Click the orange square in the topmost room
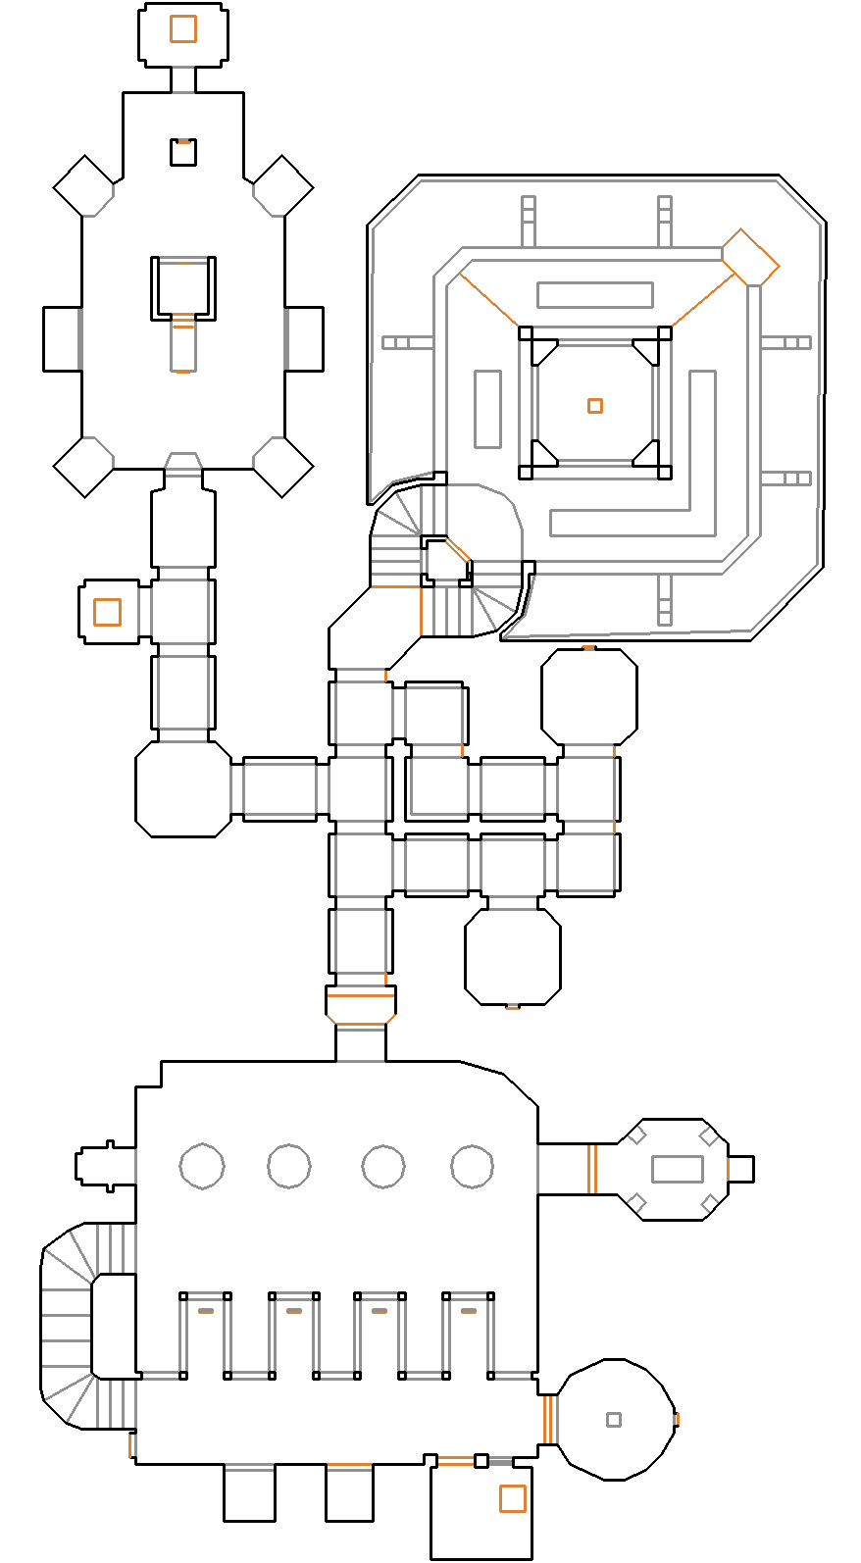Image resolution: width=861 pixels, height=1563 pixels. [182, 28]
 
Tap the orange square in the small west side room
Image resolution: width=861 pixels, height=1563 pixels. [107, 612]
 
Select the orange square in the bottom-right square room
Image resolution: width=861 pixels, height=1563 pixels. [512, 1498]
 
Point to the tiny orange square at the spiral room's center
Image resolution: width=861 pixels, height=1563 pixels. [594, 406]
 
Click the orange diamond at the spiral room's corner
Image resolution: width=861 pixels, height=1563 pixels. [750, 258]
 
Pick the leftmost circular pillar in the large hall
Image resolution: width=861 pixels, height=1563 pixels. [202, 1166]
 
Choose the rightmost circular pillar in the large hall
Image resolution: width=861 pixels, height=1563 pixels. [472, 1166]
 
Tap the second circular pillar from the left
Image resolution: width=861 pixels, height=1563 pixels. [288, 1166]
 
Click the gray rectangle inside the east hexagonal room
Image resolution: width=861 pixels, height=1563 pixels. [677, 1169]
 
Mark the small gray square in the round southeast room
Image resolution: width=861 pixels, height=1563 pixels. [614, 1419]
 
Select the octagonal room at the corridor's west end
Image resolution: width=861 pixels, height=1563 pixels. [182, 789]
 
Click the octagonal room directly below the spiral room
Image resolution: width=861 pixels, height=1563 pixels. [588, 696]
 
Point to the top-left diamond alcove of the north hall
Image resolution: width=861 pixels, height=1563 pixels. [83, 185]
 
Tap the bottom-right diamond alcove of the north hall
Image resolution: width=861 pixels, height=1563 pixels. [283, 467]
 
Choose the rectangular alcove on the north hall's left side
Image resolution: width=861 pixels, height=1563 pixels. [61, 339]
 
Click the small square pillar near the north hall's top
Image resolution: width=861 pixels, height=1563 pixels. [182, 152]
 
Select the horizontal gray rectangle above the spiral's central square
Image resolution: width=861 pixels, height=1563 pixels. [594, 294]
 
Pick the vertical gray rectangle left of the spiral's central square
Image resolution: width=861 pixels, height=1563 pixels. [487, 408]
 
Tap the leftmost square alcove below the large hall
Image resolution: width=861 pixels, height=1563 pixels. [249, 1492]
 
